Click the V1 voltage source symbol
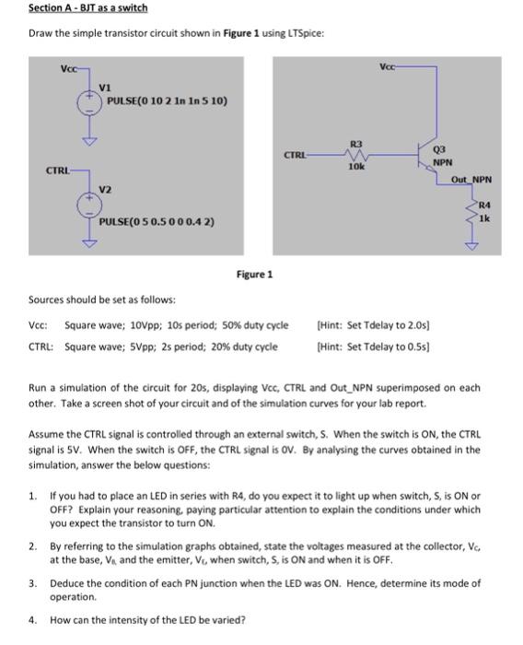[x=89, y=101]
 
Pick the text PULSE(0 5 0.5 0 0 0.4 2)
[x=157, y=222]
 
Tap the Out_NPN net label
[x=471, y=179]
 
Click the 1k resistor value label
[x=484, y=217]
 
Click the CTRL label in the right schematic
[x=294, y=156]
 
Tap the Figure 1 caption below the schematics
[x=255, y=274]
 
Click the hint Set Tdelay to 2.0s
[x=372, y=324]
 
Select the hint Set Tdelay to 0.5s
[x=372, y=346]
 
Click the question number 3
[x=32, y=583]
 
